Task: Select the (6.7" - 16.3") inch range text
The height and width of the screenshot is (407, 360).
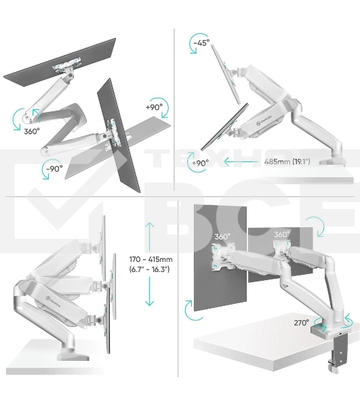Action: (x=150, y=270)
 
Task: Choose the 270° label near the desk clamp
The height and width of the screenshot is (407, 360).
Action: (x=301, y=323)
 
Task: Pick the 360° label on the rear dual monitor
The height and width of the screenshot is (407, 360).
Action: (x=281, y=234)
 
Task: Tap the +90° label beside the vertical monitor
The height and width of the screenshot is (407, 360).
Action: (x=154, y=107)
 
